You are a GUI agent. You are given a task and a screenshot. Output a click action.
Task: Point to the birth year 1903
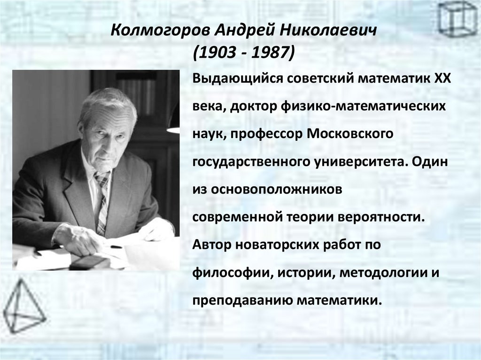tap(217, 53)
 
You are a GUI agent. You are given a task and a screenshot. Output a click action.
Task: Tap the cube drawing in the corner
tap(457, 19)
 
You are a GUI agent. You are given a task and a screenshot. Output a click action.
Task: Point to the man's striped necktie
tap(102, 202)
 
